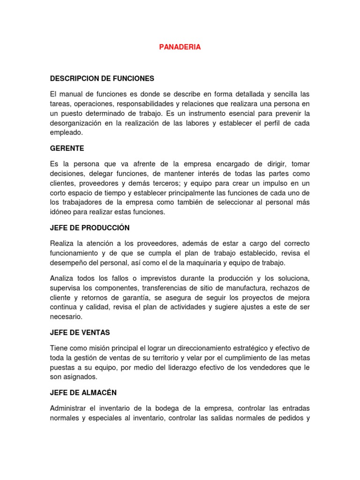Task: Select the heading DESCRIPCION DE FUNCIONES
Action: [x=102, y=78]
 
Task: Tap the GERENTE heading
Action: [x=67, y=148]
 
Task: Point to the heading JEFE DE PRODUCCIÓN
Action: [x=90, y=227]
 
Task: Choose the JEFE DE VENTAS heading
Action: [x=80, y=332]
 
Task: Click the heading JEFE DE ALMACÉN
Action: [x=83, y=392]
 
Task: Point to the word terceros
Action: [x=178, y=183]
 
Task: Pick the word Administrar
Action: [x=70, y=408]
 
